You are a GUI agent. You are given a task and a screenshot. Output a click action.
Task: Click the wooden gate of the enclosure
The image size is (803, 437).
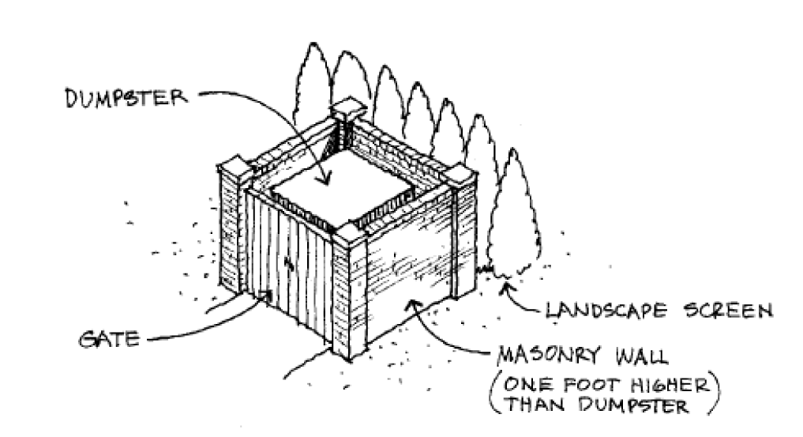point(288,261)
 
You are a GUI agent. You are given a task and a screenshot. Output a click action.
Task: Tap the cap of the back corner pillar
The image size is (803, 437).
point(347,109)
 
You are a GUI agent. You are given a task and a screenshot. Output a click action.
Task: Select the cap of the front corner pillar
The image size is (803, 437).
point(348,232)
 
